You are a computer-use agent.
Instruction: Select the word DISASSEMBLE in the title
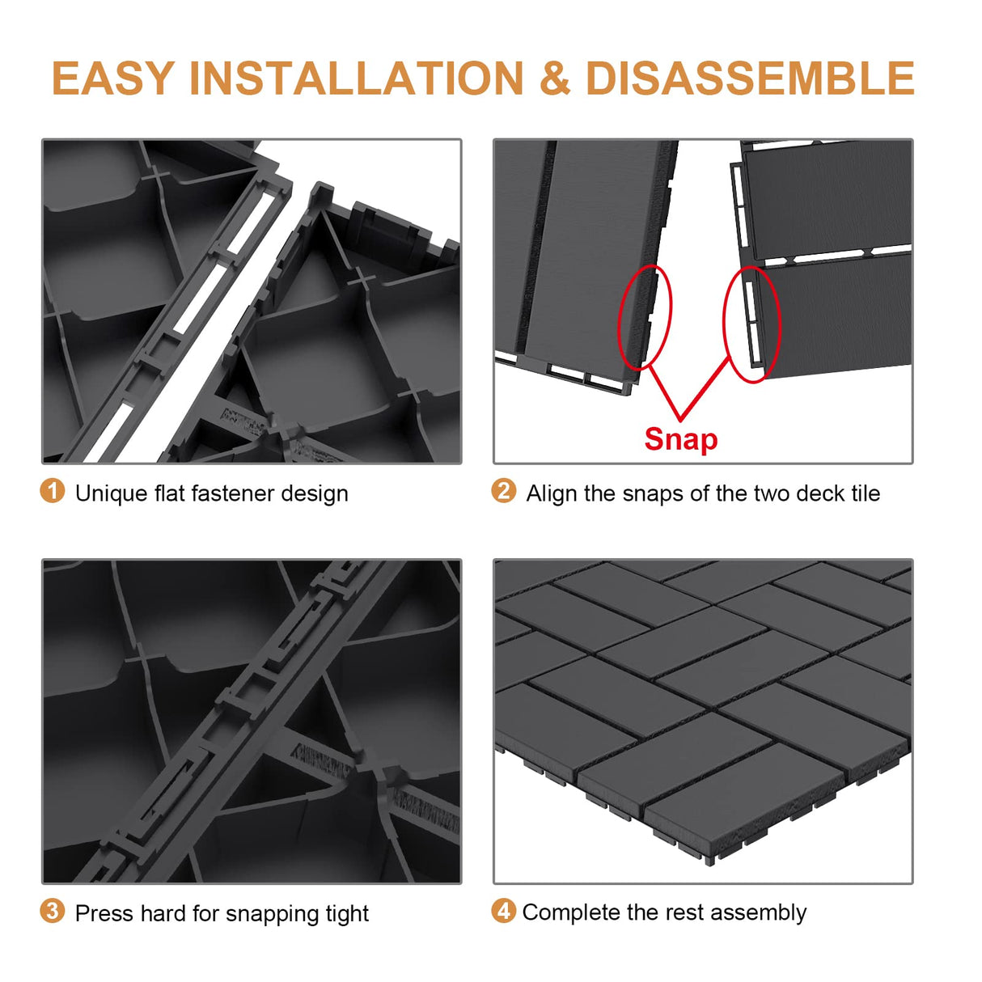[749, 78]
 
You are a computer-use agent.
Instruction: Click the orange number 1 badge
[53, 491]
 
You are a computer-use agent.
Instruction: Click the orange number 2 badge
[503, 491]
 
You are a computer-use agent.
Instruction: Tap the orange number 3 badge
[53, 911]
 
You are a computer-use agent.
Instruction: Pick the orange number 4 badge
[503, 911]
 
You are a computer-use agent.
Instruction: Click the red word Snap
[680, 439]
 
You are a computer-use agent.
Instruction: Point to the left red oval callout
[645, 317]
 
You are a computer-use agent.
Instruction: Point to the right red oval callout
[751, 324]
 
